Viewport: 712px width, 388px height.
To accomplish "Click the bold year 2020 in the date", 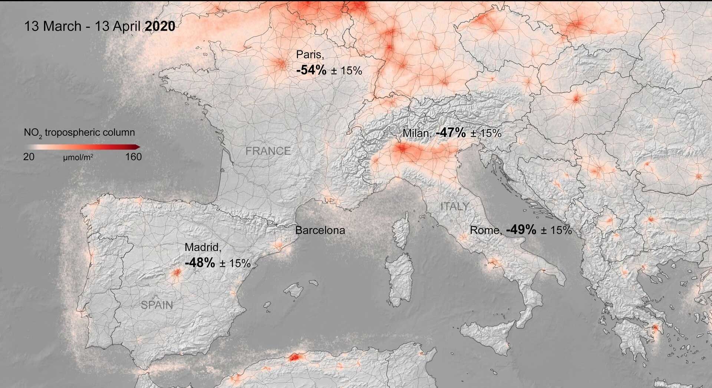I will (x=160, y=26).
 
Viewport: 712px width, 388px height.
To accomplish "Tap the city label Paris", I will (x=310, y=55).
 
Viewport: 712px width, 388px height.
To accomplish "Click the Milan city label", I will (x=417, y=133).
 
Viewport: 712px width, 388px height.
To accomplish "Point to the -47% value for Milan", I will (x=451, y=133).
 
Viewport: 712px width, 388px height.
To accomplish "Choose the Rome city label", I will (x=485, y=230).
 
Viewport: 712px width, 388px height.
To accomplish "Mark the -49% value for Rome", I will (x=521, y=229).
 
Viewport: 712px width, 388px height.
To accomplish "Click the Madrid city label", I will (x=202, y=247).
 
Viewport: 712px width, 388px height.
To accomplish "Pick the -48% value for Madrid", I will (x=200, y=263).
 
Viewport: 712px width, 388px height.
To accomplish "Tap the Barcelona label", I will (x=320, y=230).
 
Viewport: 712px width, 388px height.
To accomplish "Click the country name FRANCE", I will (x=268, y=151).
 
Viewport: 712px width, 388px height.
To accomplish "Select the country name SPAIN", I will (x=157, y=305).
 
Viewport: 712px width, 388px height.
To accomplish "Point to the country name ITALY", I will (x=455, y=206).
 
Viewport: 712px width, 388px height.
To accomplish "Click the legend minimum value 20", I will (x=29, y=157).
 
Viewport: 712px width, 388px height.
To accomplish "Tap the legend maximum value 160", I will (x=133, y=157).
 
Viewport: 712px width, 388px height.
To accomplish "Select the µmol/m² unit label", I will (x=78, y=157).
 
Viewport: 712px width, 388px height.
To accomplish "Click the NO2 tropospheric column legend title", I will (x=79, y=133).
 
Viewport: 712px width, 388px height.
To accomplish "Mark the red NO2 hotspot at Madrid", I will (x=177, y=273).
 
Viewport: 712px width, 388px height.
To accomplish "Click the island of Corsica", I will (x=401, y=230).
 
